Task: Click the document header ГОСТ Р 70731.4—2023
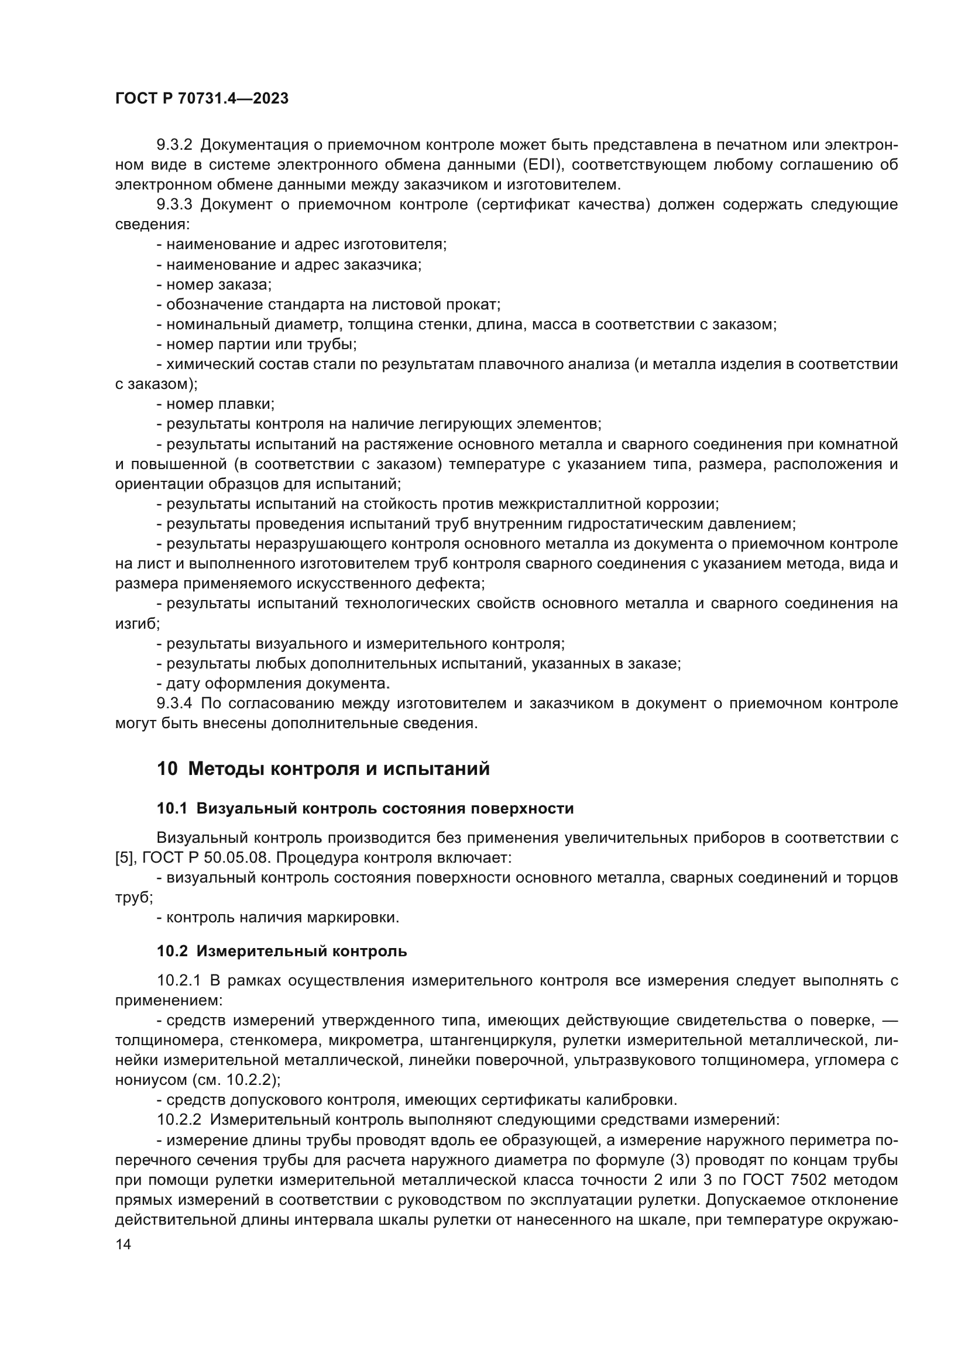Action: pos(201,98)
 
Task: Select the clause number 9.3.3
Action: pos(174,204)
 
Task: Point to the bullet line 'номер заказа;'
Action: pos(215,284)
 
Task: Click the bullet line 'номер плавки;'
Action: pos(216,404)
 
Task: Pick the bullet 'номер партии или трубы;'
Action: pos(257,344)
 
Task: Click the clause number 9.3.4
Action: pos(174,703)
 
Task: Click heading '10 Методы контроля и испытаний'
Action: pos(323,769)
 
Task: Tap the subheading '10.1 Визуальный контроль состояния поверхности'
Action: pos(365,808)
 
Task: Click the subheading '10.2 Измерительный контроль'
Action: pos(282,951)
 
